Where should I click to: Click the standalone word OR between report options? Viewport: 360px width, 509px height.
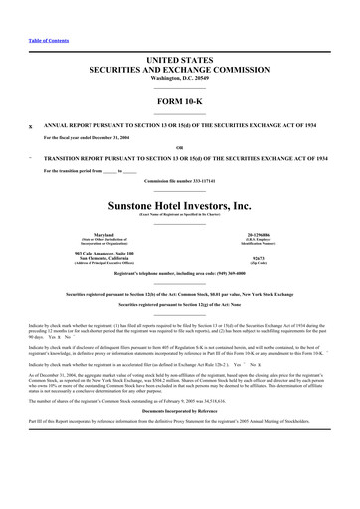coord(180,146)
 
